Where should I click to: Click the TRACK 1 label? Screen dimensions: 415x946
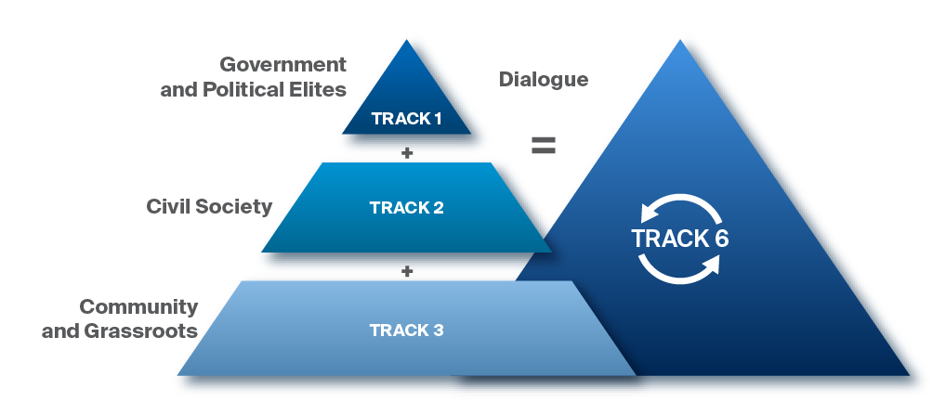point(406,119)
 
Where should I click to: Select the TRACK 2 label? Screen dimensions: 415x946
point(406,207)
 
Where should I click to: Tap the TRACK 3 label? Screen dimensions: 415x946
point(406,330)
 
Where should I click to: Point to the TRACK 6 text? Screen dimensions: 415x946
point(679,238)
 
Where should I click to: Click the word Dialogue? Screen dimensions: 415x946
point(544,80)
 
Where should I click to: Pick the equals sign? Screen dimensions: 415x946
point(543,146)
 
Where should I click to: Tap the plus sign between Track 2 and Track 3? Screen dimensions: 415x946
point(406,271)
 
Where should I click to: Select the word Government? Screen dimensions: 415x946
point(282,65)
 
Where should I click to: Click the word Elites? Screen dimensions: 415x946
point(315,90)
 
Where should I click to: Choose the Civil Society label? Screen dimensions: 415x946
point(209,206)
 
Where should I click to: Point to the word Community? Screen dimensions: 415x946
point(138,306)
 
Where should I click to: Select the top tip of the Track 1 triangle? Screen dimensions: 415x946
point(406,41)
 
